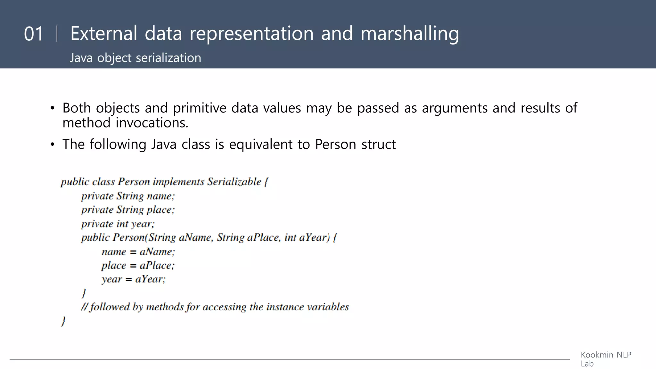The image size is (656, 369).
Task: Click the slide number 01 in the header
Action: (x=33, y=34)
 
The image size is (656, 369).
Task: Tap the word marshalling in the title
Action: (x=410, y=34)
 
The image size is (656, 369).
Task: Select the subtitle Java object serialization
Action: (x=135, y=58)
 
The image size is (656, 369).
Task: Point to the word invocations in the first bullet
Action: (x=152, y=123)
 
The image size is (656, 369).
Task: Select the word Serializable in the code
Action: (x=234, y=182)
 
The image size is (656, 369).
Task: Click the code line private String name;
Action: (x=128, y=196)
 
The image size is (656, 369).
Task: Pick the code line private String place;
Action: (x=128, y=209)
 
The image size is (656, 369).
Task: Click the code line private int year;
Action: (x=118, y=224)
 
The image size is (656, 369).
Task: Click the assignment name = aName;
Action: (x=138, y=252)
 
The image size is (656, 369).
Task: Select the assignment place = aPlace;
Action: (x=138, y=266)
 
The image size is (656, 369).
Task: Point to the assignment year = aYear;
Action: (x=134, y=279)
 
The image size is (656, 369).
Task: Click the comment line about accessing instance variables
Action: (x=215, y=307)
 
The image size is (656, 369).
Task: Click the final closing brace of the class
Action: (x=63, y=321)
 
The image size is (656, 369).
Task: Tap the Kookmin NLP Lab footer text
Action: (x=605, y=359)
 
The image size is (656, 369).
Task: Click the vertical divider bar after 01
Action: (x=57, y=34)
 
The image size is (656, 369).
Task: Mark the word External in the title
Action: (x=103, y=34)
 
